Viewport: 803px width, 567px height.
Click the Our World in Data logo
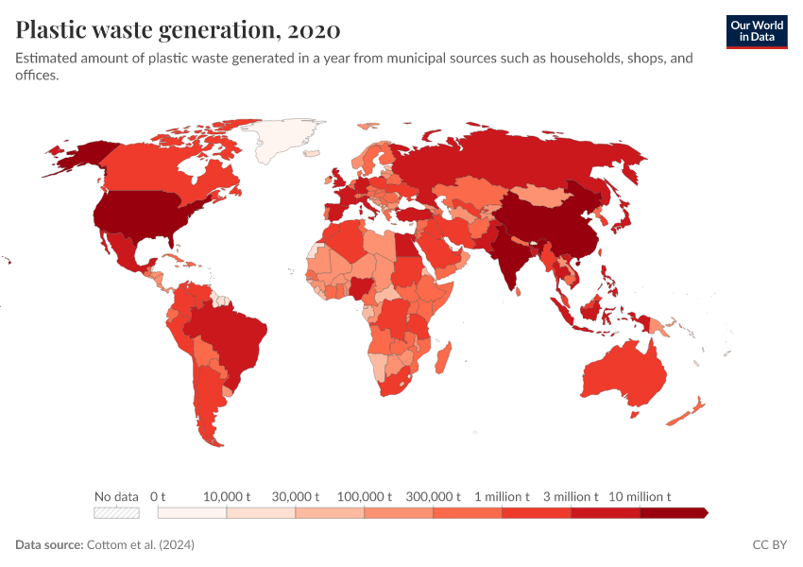coord(757,30)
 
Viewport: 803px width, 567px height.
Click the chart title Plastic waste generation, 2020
coord(178,30)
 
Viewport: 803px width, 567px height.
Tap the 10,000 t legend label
coord(227,496)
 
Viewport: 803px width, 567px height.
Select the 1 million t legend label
coord(502,496)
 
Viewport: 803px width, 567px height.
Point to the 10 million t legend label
coord(640,496)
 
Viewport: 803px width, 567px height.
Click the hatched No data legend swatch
coord(116,513)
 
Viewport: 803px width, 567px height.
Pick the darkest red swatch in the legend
coord(673,513)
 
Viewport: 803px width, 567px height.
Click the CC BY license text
coord(769,545)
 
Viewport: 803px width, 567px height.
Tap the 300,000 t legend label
coord(433,496)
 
